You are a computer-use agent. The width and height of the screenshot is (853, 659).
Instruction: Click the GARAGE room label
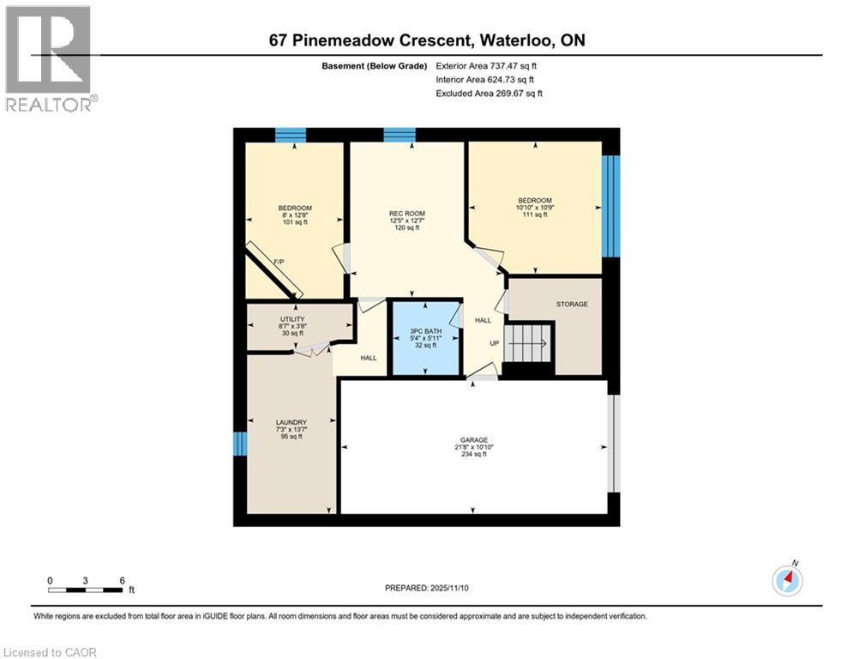(x=474, y=439)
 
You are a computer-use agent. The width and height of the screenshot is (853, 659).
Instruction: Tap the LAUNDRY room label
(x=291, y=422)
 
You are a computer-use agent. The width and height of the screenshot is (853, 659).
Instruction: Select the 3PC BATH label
(x=425, y=331)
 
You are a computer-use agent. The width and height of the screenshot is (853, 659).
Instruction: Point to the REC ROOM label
(x=407, y=214)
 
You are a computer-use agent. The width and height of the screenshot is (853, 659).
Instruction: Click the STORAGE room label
(x=572, y=304)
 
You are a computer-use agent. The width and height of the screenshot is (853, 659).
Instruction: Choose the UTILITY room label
(x=292, y=319)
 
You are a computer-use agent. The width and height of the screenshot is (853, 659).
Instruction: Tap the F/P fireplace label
(x=279, y=262)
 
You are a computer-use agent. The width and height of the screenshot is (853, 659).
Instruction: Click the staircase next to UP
(x=526, y=343)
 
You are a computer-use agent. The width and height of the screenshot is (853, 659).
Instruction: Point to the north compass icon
(x=788, y=580)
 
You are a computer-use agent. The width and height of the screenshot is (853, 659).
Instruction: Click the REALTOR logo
(x=49, y=59)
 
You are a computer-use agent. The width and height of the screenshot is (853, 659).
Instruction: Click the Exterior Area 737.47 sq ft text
(x=486, y=66)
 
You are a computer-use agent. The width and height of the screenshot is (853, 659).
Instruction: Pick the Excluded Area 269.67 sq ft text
(x=489, y=94)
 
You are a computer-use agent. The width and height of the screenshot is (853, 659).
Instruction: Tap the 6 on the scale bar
(x=123, y=581)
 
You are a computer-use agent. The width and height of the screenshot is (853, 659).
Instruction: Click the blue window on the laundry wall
(x=239, y=444)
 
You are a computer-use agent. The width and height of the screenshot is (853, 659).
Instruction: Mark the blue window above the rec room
(x=399, y=135)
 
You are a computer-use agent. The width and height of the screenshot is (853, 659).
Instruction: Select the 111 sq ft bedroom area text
(x=535, y=215)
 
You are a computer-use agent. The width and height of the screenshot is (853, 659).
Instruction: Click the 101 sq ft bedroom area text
(x=295, y=222)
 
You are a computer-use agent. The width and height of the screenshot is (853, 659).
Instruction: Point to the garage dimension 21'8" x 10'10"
(x=474, y=447)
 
